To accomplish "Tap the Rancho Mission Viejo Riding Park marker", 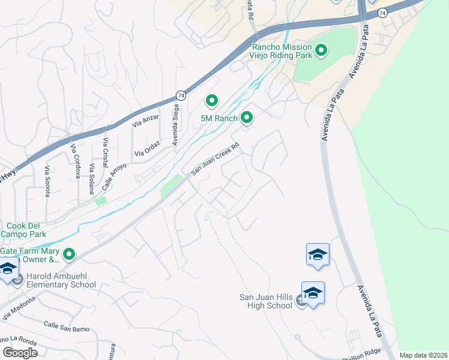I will click(321, 51).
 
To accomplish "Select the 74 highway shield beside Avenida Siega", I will click(181, 95).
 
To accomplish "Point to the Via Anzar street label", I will click(146, 121).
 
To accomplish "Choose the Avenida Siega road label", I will click(175, 130).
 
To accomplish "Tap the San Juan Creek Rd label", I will click(215, 159).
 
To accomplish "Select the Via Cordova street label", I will click(76, 161).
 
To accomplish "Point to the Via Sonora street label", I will click(47, 178).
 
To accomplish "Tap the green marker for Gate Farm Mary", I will click(69, 255).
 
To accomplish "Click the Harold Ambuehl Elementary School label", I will click(56, 280).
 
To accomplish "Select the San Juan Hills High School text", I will click(265, 301).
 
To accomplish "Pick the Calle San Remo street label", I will click(66, 327).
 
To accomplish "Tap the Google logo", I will click(20, 353).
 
